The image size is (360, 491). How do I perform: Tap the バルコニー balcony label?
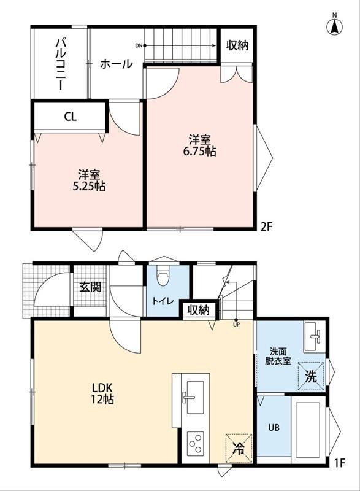pyautogui.click(x=61, y=64)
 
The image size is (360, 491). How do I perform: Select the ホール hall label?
pyautogui.click(x=117, y=64)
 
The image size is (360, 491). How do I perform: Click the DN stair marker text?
pyautogui.click(x=139, y=45)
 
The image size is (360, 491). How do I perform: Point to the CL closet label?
pyautogui.click(x=71, y=117)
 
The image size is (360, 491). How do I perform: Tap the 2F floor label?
pyautogui.click(x=267, y=226)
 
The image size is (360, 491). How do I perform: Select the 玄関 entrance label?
pyautogui.click(x=90, y=287)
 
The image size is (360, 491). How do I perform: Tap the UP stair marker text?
pyautogui.click(x=236, y=325)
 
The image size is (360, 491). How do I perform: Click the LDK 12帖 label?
pyautogui.click(x=102, y=393)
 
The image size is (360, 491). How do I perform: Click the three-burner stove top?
pyautogui.click(x=195, y=443)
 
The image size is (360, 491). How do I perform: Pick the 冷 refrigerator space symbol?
pyautogui.click(x=239, y=448)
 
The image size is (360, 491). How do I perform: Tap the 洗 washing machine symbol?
pyautogui.click(x=311, y=376)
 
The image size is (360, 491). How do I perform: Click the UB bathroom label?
pyautogui.click(x=274, y=427)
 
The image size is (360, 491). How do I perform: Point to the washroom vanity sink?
pyautogui.click(x=315, y=337)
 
